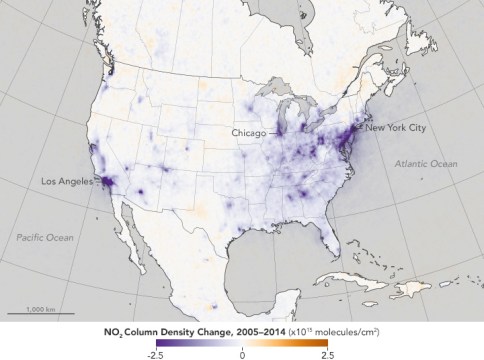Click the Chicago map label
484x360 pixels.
pyautogui.click(x=249, y=132)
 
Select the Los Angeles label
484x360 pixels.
pyautogui.click(x=67, y=181)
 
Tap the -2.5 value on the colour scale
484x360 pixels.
pyautogui.click(x=156, y=353)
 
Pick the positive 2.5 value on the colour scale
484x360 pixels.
pyautogui.click(x=325, y=353)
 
